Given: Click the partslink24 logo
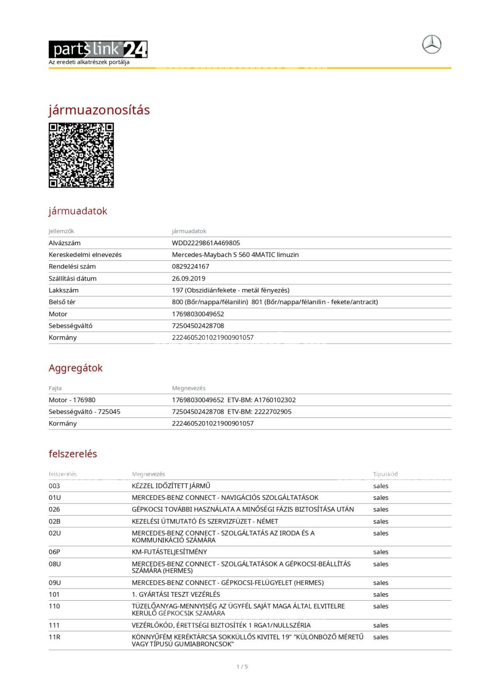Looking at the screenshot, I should (x=98, y=50).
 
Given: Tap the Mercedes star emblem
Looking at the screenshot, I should (x=431, y=45).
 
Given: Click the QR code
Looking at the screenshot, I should (x=81, y=155).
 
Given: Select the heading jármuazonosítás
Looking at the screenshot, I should (x=99, y=110).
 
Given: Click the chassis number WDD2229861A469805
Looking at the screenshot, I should (x=206, y=243).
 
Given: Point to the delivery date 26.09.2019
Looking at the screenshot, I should (x=189, y=278).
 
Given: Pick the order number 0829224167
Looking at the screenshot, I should (x=190, y=267).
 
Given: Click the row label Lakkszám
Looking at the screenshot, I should (x=63, y=290).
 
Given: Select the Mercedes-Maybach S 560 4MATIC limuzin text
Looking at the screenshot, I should (x=235, y=255).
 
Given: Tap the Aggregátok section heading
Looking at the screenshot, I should (x=75, y=368).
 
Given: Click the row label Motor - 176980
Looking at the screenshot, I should (x=72, y=400).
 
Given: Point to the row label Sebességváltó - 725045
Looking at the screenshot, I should (x=84, y=412).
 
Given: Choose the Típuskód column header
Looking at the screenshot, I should (x=385, y=474).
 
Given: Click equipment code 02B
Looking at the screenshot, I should (x=54, y=521).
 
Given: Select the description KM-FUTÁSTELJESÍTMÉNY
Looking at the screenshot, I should (x=169, y=552).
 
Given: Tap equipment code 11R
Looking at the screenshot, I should (x=54, y=637).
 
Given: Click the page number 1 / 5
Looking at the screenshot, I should (x=242, y=667).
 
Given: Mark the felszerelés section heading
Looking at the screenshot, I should (x=73, y=454).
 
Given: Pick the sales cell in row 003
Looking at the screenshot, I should (x=381, y=486).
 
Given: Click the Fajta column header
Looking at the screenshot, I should (x=55, y=388).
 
